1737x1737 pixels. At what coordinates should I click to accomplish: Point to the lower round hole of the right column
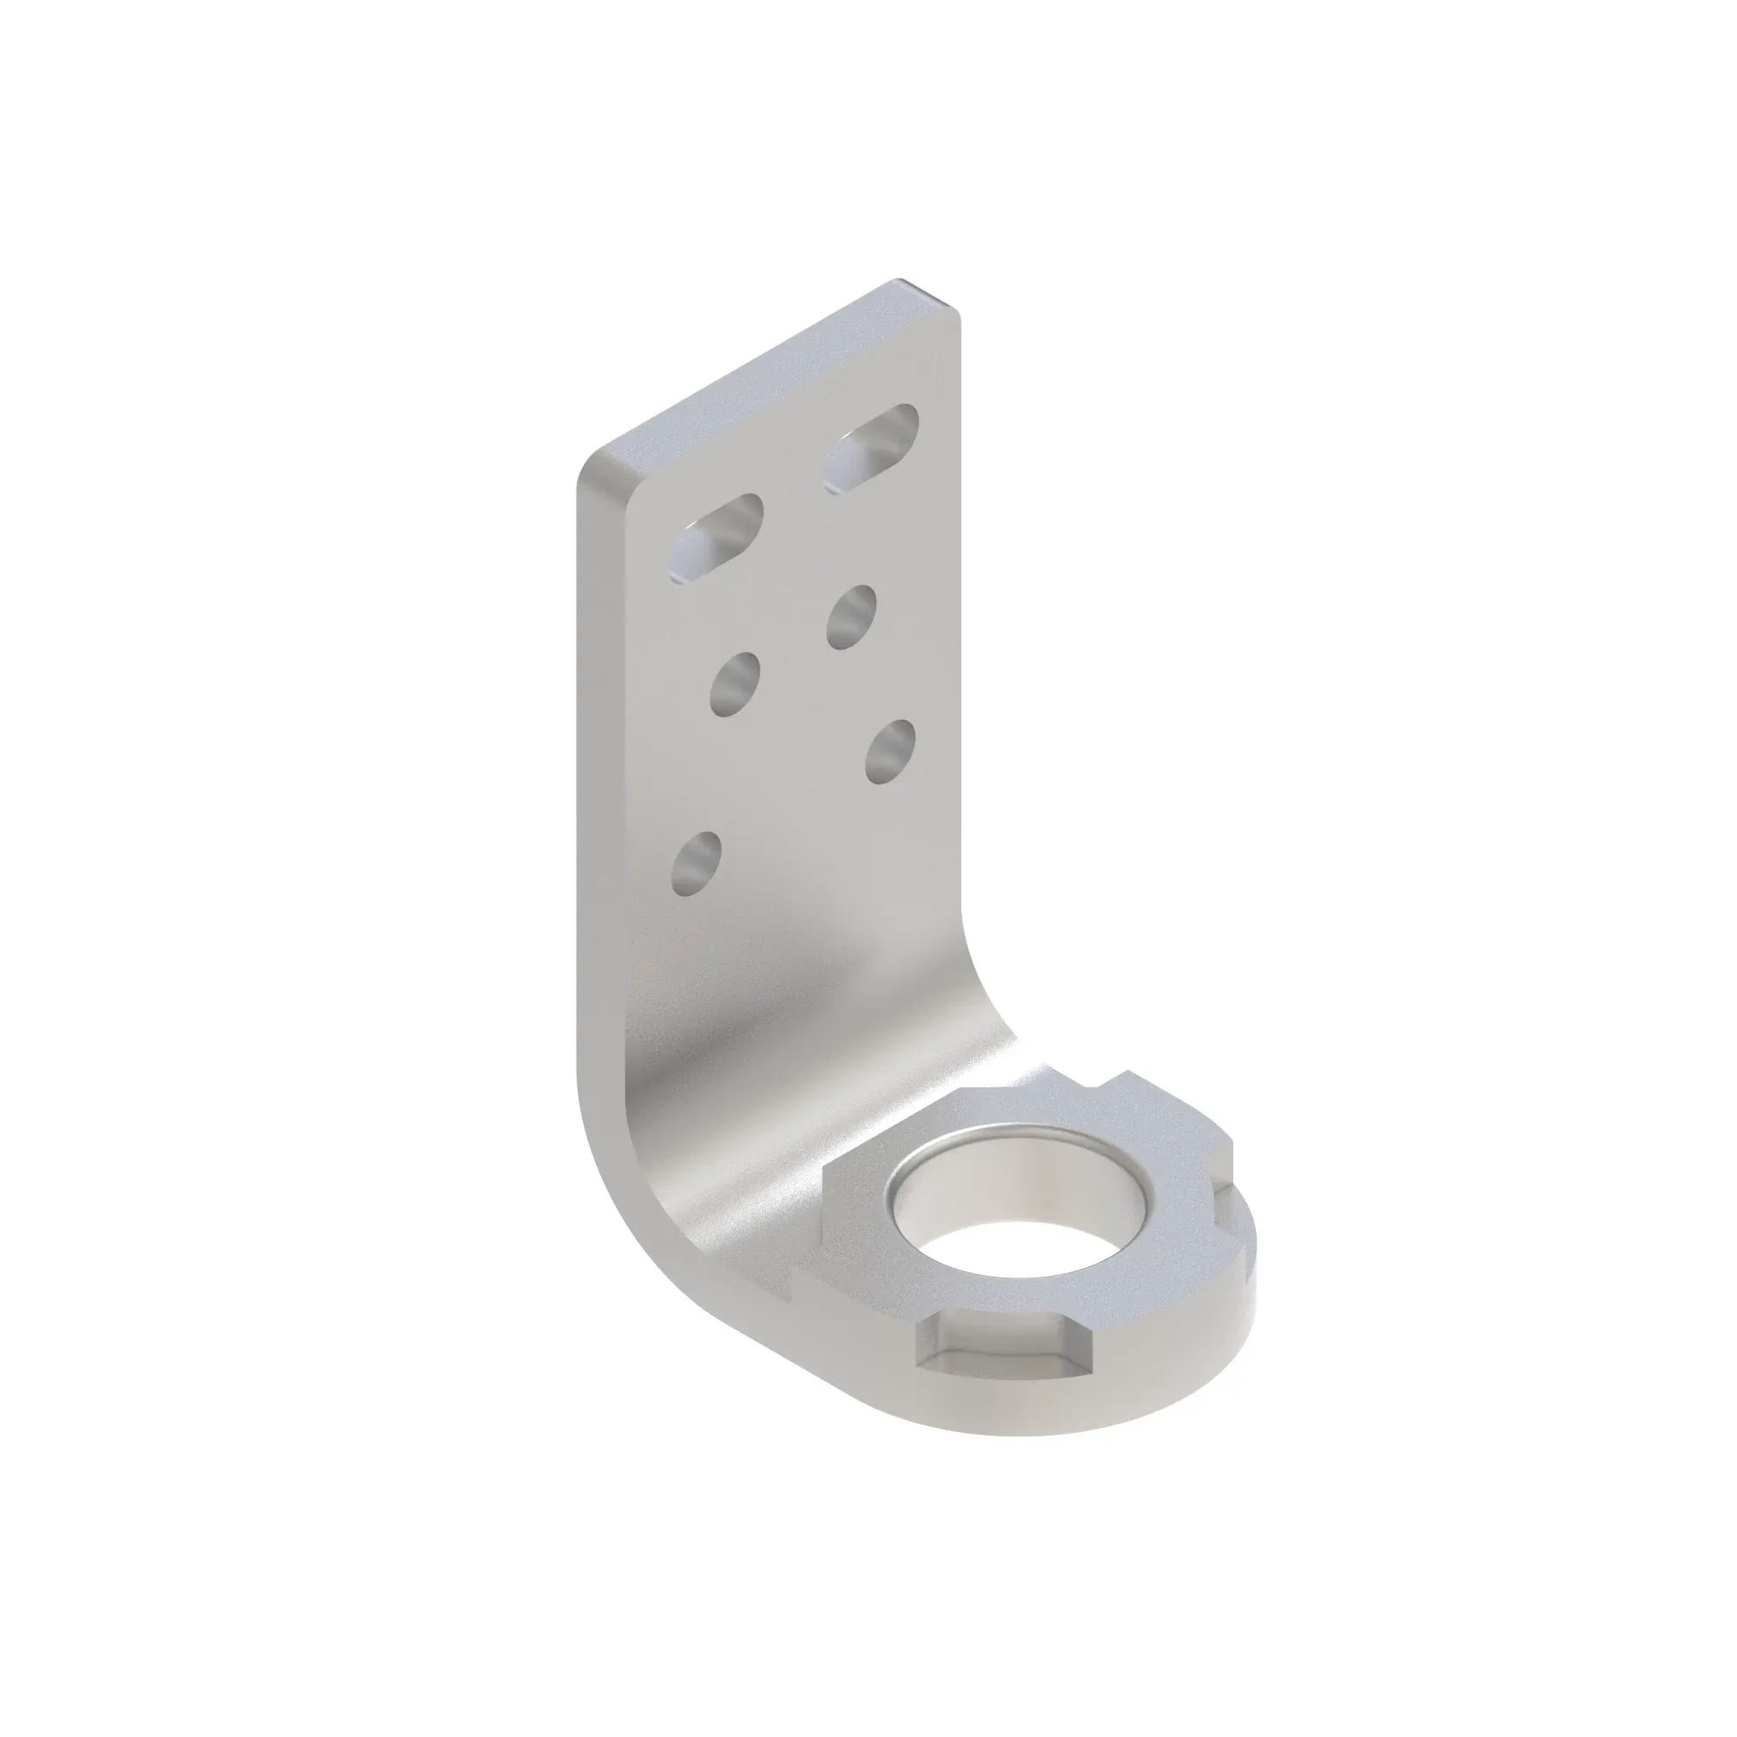(890, 749)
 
